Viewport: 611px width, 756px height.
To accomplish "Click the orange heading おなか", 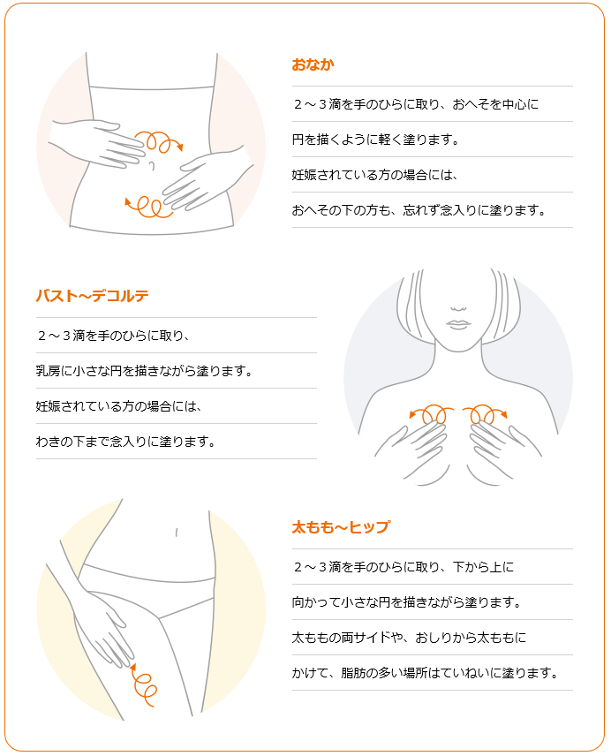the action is (313, 64).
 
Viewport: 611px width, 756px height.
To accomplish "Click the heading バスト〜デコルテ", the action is (92, 296).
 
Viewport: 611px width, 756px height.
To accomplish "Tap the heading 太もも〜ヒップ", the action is (341, 527).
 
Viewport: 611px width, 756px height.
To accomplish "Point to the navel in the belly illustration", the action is (152, 166).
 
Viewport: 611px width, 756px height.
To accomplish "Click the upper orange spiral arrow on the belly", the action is (157, 141).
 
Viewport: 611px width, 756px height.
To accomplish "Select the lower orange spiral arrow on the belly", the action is (148, 207).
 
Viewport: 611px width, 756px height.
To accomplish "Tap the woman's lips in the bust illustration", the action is (458, 324).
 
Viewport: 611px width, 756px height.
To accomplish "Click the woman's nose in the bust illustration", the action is (458, 308).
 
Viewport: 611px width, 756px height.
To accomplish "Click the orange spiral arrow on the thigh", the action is (144, 685).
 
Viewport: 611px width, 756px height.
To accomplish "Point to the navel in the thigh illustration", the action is (177, 533).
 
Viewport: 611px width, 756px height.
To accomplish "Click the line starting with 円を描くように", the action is (375, 140).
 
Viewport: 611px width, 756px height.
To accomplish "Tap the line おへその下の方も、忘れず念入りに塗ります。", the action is (419, 210).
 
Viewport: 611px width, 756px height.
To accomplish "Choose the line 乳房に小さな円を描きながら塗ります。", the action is (144, 371).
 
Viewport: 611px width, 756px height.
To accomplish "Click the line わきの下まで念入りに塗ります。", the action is (125, 442).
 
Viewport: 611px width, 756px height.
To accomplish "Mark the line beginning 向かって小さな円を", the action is (406, 602).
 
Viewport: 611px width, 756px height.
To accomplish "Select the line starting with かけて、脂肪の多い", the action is (425, 673).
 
